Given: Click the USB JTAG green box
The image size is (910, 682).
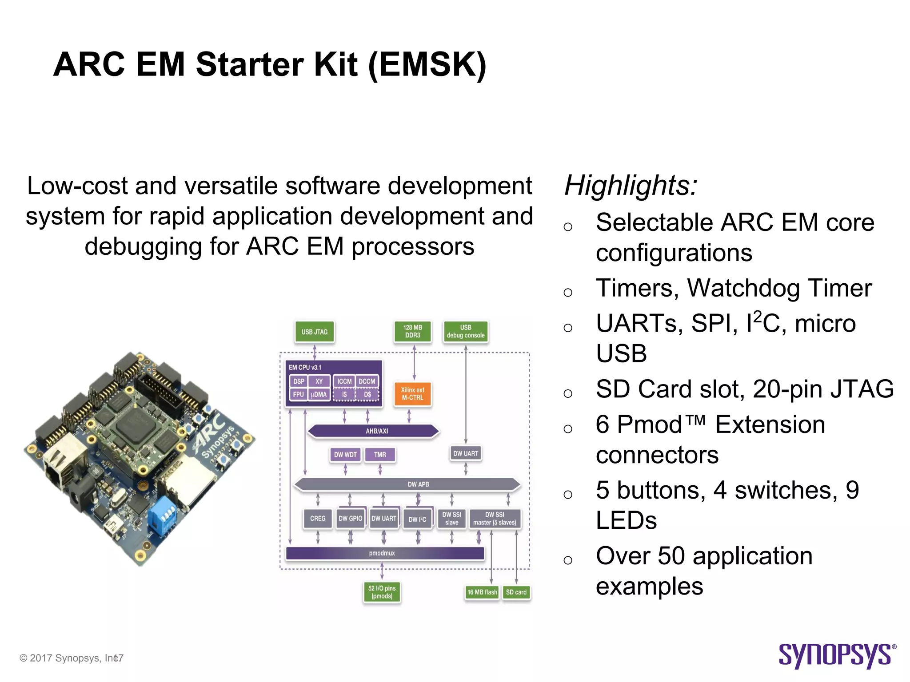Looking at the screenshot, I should pyautogui.click(x=314, y=332).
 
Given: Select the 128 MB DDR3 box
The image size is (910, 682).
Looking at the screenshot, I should pyautogui.click(x=412, y=332).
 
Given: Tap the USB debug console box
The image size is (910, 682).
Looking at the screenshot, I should pyautogui.click(x=465, y=332).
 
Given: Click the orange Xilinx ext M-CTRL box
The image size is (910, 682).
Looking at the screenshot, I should pyautogui.click(x=412, y=394).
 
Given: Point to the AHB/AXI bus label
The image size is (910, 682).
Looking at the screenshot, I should pyautogui.click(x=376, y=431).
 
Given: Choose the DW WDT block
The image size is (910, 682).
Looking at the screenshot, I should pyautogui.click(x=345, y=455).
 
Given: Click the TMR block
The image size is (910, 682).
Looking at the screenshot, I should pyautogui.click(x=379, y=455).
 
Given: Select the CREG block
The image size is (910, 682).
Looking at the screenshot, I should pyautogui.click(x=317, y=519).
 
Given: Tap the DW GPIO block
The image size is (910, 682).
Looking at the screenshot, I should pyautogui.click(x=350, y=519).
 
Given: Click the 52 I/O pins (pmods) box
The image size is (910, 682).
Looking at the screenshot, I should pyautogui.click(x=382, y=592).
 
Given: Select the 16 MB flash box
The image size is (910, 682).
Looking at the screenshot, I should pyautogui.click(x=482, y=592).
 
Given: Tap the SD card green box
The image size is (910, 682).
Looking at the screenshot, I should pyautogui.click(x=516, y=592).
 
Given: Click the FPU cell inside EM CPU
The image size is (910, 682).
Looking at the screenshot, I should pyautogui.click(x=298, y=394).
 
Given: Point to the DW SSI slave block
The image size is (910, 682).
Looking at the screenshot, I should pyautogui.click(x=451, y=519).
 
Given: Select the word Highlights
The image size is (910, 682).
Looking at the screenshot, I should pyautogui.click(x=631, y=186).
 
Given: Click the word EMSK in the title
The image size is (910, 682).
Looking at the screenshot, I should pyautogui.click(x=427, y=65).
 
